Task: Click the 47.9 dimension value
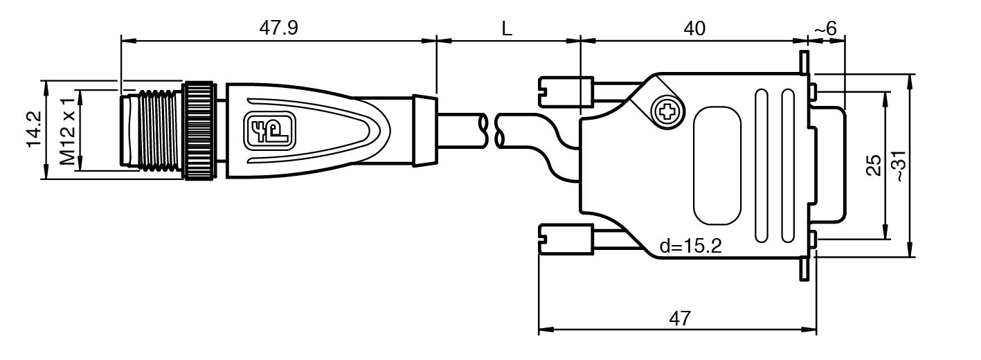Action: click(x=278, y=28)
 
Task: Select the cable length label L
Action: click(x=507, y=29)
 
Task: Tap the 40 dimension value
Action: click(x=694, y=28)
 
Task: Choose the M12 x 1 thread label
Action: click(x=67, y=130)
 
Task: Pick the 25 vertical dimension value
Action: click(x=874, y=165)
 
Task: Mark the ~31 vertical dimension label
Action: click(x=898, y=165)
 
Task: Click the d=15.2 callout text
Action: click(x=690, y=246)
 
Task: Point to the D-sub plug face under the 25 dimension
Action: click(x=831, y=165)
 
